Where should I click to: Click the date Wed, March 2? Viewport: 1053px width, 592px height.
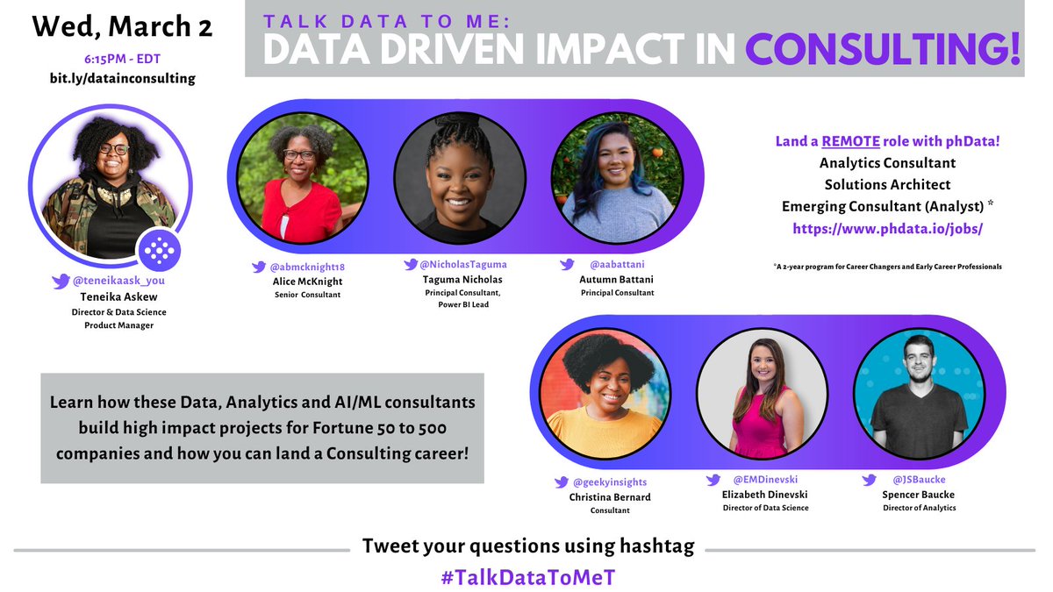pyautogui.click(x=122, y=26)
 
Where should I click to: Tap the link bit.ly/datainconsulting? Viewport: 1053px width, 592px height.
pyautogui.click(x=122, y=78)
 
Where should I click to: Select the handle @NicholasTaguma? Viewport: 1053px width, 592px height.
pyautogui.click(x=462, y=264)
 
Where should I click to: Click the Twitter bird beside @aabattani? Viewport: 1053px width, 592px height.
pyautogui.click(x=568, y=262)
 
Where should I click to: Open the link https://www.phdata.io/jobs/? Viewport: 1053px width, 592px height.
pyautogui.click(x=888, y=228)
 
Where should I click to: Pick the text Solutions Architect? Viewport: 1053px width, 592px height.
pyautogui.click(x=888, y=184)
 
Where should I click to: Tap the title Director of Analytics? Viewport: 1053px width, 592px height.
pyautogui.click(x=919, y=508)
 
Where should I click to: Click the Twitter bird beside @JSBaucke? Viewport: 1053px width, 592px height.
pyautogui.click(x=870, y=480)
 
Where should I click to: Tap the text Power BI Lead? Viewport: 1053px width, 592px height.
pyautogui.click(x=462, y=304)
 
